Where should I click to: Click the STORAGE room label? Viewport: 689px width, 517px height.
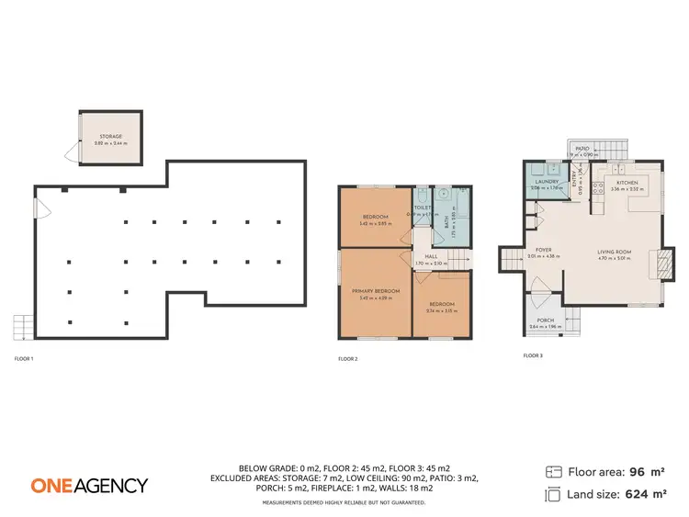111,136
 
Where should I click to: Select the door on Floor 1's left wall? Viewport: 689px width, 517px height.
39,208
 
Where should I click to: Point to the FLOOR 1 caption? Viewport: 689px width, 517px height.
24,358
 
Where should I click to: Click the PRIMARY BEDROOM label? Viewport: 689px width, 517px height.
377,290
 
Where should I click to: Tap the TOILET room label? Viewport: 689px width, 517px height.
422,208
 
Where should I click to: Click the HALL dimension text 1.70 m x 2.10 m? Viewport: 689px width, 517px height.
430,264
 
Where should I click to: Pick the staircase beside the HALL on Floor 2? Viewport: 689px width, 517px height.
457,259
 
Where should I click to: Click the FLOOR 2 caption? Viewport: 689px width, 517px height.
348,358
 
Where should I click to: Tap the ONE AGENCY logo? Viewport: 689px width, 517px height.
89,485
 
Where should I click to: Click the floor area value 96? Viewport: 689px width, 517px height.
634,472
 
